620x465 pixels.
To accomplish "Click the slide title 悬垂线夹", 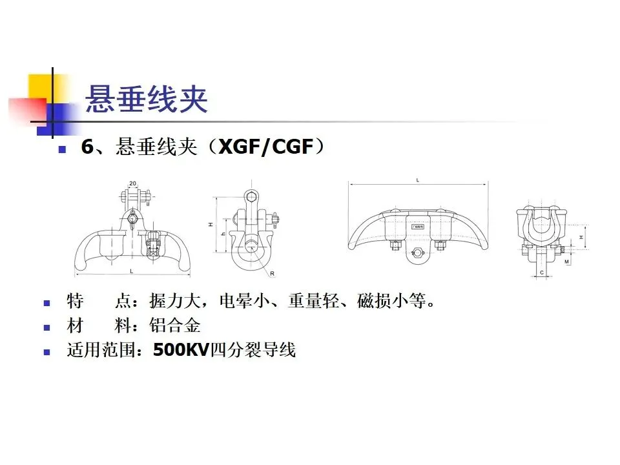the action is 147,99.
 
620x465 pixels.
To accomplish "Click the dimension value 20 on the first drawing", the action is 132,183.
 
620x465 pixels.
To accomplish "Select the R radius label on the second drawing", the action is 272,274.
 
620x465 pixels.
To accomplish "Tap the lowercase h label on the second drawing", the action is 223,234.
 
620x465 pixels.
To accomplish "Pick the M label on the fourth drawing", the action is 566,261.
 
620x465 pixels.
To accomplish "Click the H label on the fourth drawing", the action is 581,238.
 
